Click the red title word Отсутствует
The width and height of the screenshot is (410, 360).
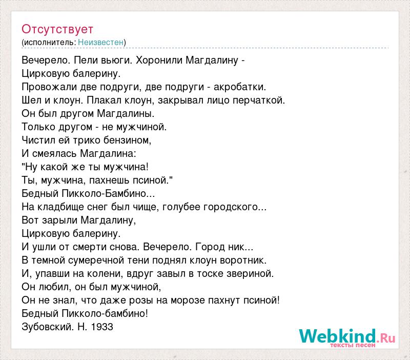tap(57, 29)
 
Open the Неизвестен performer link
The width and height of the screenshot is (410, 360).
tap(100, 42)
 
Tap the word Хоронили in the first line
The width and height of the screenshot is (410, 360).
tap(159, 60)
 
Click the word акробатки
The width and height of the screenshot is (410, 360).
tap(240, 87)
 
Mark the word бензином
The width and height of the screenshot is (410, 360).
tap(127, 140)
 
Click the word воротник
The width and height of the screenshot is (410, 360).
tap(243, 261)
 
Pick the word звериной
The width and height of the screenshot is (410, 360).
tap(250, 274)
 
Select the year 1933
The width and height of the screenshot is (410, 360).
tap(102, 327)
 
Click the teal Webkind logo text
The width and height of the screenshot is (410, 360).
tap(337, 336)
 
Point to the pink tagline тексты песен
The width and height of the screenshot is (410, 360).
tap(353, 345)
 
